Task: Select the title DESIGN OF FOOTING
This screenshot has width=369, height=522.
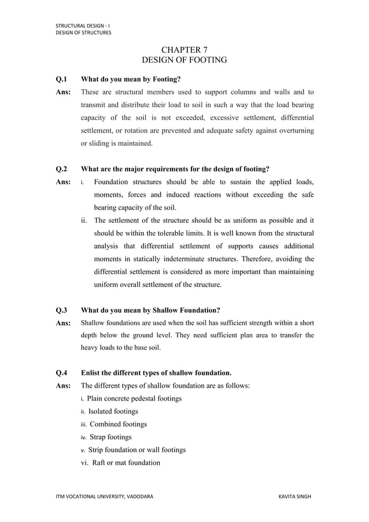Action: coord(184,60)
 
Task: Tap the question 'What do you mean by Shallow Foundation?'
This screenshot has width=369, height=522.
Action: coord(150,310)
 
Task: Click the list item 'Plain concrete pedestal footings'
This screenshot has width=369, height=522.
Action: coord(134,399)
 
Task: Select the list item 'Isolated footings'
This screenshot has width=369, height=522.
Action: coord(113,411)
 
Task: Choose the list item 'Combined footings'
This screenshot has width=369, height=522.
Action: coord(118,424)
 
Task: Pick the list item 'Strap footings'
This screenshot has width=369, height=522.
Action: coord(110,437)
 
